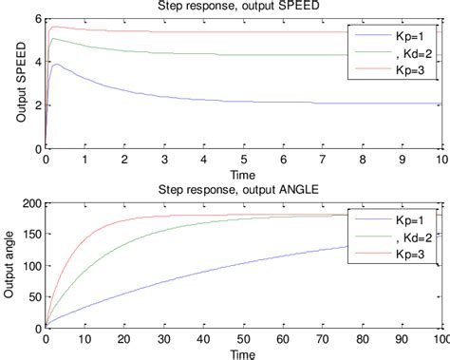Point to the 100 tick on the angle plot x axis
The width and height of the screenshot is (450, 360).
[x=439, y=341]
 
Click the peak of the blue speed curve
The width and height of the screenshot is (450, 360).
[x=59, y=65]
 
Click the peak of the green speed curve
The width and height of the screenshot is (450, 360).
[x=54, y=38]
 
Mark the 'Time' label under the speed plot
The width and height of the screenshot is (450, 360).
[x=242, y=174]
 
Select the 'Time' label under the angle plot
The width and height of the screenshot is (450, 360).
[x=242, y=353]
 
